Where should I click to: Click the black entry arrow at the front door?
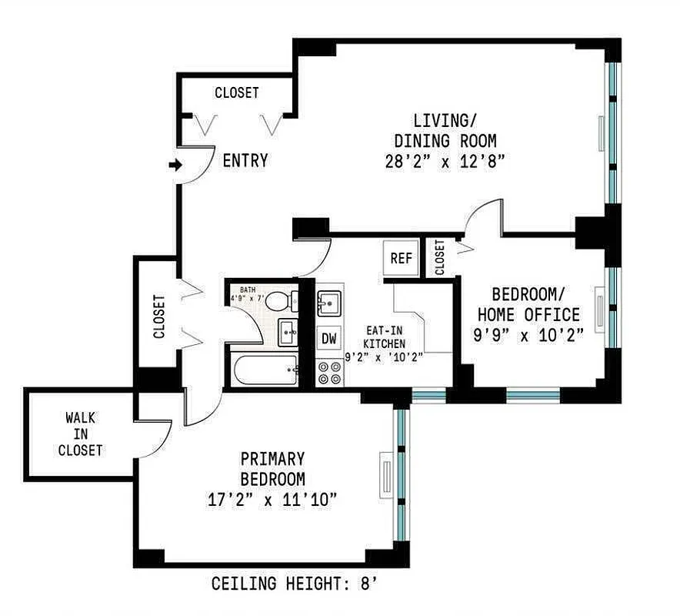[x=175, y=165]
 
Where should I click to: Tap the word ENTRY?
[x=245, y=161]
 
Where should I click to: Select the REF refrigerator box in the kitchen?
[x=401, y=259]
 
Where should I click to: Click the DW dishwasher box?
[x=329, y=337]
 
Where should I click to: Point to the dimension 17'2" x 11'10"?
[x=272, y=500]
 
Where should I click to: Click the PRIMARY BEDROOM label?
[x=272, y=468]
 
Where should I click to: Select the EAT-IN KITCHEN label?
[x=384, y=336]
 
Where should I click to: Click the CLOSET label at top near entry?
[x=236, y=92]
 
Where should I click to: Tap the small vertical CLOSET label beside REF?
[x=440, y=257]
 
